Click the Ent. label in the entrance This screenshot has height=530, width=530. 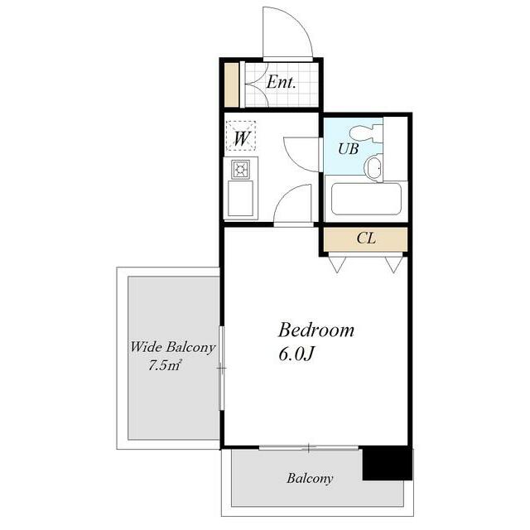pos(281,83)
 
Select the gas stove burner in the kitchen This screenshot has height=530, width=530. pos(241,169)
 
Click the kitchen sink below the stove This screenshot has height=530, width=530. pos(240,198)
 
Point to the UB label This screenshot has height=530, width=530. pos(348,148)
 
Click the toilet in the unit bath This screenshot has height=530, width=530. pos(366,133)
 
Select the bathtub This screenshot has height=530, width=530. pos(366,199)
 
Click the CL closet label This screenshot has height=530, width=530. pos(366,238)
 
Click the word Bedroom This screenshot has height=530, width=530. pos(316,330)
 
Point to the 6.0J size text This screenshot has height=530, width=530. pos(296,354)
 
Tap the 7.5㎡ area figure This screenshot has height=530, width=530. pos(166,365)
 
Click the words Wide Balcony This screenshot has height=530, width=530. pos(173,347)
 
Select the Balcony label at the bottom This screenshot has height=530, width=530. pos(310,479)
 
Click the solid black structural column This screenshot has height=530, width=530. pos(388,463)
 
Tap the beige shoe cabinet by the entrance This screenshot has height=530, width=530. pos(232,84)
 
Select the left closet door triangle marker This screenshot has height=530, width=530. pos(337,264)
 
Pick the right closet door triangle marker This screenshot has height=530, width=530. pos(394,264)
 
